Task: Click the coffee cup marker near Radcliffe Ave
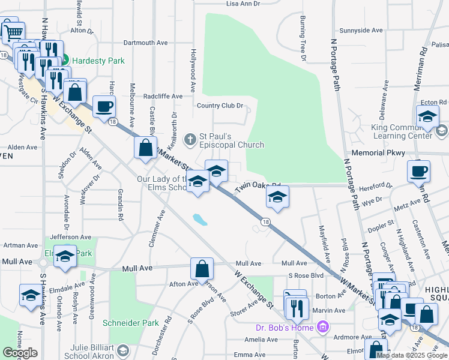pyautogui.click(x=104, y=106)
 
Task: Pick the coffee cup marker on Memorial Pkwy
pyautogui.click(x=418, y=171)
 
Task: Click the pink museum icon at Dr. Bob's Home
pyautogui.click(x=323, y=328)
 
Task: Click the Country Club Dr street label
pyautogui.click(x=220, y=106)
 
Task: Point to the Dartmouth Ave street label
pyautogui.click(x=146, y=43)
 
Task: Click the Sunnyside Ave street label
pyautogui.click(x=361, y=30)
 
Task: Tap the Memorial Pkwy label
pyautogui.click(x=378, y=153)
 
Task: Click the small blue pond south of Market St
pyautogui.click(x=200, y=220)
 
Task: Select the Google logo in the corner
pyautogui.click(x=20, y=353)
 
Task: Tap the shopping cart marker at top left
pyautogui.click(x=13, y=31)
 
